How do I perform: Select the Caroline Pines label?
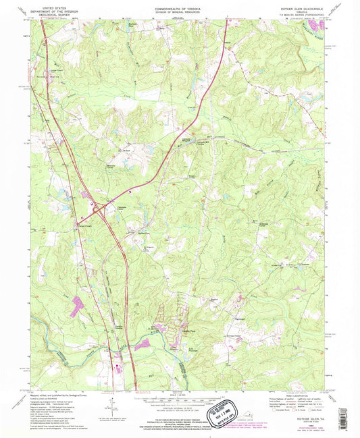point(184,332)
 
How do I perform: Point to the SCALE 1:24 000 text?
point(180,395)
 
